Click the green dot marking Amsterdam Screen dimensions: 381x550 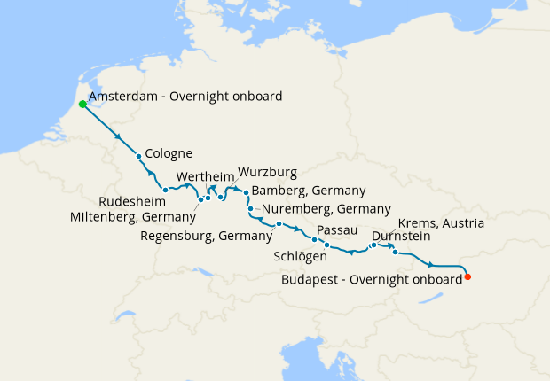tap(82, 104)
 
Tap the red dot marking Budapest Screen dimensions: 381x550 tap(467, 277)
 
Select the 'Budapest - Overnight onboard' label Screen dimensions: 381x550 tap(371, 278)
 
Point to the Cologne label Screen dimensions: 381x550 tap(169, 152)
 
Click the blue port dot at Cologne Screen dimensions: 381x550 tap(139, 157)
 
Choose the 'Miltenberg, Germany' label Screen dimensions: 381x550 tap(133, 217)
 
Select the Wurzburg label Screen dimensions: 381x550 tap(267, 172)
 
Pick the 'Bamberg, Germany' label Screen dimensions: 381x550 tap(309, 190)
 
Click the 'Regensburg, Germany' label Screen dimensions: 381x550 tap(206, 236)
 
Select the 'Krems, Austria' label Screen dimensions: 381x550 tap(440, 222)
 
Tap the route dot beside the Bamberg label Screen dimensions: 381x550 tap(246, 191)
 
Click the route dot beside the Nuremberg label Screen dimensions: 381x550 tap(252, 209)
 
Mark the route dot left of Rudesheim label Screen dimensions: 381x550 tap(165, 190)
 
